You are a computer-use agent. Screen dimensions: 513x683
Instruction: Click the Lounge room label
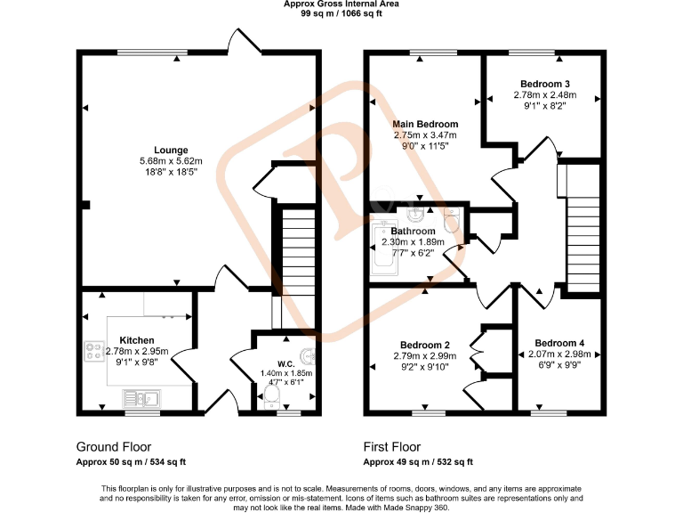tap(171, 150)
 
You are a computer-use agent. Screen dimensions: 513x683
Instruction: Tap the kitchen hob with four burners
tap(94, 352)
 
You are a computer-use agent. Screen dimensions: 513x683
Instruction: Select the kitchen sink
tap(141, 398)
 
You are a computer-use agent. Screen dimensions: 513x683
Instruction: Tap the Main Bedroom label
tap(425, 124)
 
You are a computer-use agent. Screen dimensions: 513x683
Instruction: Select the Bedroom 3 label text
tap(544, 84)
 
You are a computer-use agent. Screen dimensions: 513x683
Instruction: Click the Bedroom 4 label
tap(559, 343)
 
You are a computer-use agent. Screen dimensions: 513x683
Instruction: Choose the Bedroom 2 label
tap(424, 345)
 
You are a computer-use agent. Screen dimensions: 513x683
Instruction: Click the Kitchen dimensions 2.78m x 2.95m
tap(136, 352)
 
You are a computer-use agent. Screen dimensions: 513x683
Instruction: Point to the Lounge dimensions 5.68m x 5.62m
tap(171, 161)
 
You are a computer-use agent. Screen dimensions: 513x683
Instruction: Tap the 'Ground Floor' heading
tap(113, 447)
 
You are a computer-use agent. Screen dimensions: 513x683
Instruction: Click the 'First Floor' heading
tap(392, 447)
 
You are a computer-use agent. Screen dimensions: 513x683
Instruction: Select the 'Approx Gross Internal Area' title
tap(341, 4)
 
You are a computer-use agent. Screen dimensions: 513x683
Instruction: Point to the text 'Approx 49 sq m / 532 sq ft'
tap(418, 462)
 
